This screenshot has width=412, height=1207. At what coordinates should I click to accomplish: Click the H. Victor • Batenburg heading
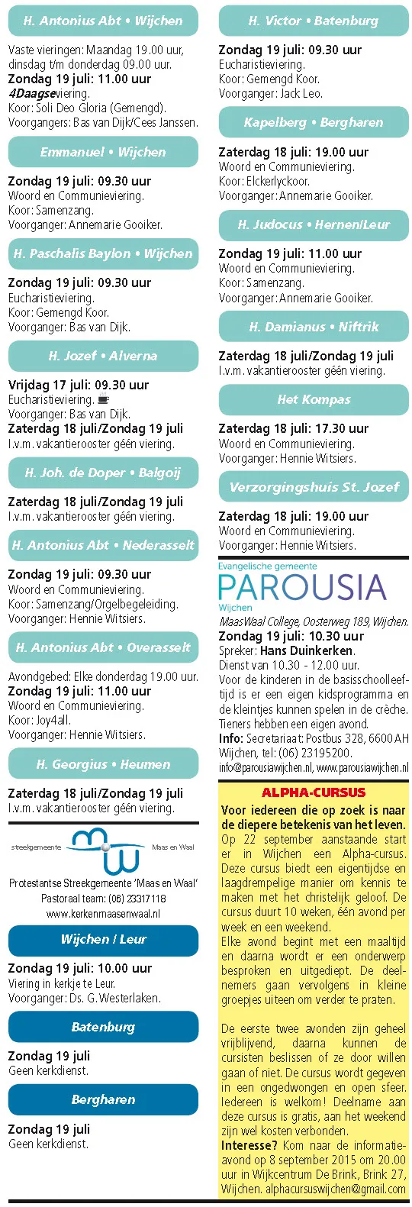pyautogui.click(x=314, y=21)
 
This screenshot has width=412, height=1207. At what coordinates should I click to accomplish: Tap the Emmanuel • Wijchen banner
pyautogui.click(x=103, y=152)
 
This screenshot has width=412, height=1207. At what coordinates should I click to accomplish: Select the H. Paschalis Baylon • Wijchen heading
pyautogui.click(x=103, y=253)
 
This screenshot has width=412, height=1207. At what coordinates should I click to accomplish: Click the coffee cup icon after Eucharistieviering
pyautogui.click(x=104, y=399)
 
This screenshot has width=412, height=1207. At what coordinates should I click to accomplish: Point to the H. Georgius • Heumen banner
pyautogui.click(x=103, y=763)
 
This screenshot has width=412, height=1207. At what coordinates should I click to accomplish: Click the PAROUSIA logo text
pyautogui.click(x=302, y=588)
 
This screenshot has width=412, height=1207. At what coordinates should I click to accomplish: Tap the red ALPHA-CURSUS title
pyautogui.click(x=314, y=792)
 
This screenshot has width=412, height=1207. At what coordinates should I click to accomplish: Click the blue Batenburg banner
pyautogui.click(x=103, y=1027)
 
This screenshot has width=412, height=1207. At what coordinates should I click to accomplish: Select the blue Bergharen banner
pyautogui.click(x=103, y=1099)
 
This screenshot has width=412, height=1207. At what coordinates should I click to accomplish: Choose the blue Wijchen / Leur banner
pyautogui.click(x=103, y=939)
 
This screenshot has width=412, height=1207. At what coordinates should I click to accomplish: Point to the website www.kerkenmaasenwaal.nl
pyautogui.click(x=103, y=913)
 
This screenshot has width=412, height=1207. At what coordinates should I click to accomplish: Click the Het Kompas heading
pyautogui.click(x=314, y=399)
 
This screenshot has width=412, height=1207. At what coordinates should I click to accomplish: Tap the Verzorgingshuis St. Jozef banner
pyautogui.click(x=314, y=486)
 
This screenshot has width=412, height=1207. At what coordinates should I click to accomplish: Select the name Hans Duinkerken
pyautogui.click(x=307, y=651)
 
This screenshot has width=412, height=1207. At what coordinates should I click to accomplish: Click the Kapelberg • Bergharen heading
pyautogui.click(x=314, y=122)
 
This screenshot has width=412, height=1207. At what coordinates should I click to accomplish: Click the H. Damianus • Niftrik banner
pyautogui.click(x=314, y=327)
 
